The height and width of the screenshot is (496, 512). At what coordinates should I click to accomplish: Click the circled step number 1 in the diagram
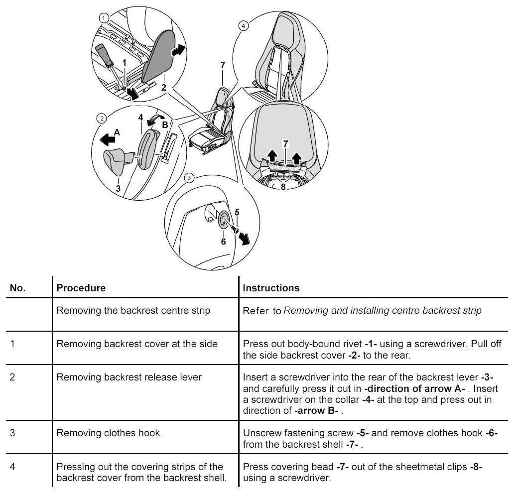(x=103, y=17)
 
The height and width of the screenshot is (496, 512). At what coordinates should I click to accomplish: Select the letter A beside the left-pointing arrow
(x=117, y=132)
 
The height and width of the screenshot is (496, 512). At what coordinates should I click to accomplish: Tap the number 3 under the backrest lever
(x=118, y=188)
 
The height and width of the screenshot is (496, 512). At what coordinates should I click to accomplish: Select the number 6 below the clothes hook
(x=223, y=241)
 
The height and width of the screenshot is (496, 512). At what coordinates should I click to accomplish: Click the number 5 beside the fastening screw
(x=237, y=212)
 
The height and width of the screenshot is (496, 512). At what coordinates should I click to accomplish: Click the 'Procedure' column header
(x=81, y=288)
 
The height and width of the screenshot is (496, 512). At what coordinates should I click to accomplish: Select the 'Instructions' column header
(x=271, y=288)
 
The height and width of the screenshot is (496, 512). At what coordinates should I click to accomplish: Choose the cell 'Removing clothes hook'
(x=108, y=432)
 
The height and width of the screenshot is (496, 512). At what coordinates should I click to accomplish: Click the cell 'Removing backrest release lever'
(x=129, y=377)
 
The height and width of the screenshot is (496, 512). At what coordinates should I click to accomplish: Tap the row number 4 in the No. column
(x=12, y=467)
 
